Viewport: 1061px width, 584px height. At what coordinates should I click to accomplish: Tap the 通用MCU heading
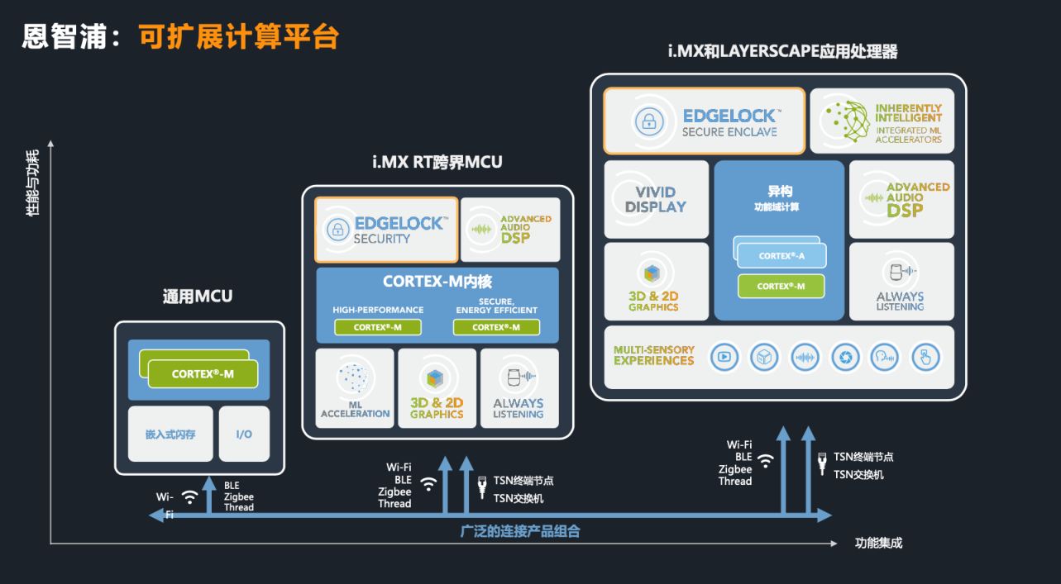pyautogui.click(x=198, y=297)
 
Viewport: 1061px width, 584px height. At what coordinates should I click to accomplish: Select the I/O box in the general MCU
pyautogui.click(x=244, y=434)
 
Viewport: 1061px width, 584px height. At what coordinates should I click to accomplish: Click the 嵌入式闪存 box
pyautogui.click(x=170, y=434)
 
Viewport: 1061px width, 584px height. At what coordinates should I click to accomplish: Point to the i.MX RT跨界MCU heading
pyautogui.click(x=437, y=162)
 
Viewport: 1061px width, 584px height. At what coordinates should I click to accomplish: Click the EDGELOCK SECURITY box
pyautogui.click(x=386, y=230)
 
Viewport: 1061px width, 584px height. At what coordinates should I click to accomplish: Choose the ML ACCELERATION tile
pyautogui.click(x=355, y=388)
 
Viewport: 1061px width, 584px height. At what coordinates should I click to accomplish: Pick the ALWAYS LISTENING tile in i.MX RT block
pyautogui.click(x=519, y=388)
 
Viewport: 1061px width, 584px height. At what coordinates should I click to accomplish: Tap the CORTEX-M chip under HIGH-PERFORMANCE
pyautogui.click(x=378, y=327)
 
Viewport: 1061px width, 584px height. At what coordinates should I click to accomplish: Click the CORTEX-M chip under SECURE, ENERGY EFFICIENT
pyautogui.click(x=496, y=327)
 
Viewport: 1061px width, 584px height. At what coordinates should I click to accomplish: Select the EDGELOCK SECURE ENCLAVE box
pyautogui.click(x=704, y=121)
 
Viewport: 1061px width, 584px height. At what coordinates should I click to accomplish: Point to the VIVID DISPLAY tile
pyautogui.click(x=656, y=199)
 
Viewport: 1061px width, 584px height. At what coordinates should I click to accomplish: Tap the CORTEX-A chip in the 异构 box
pyautogui.click(x=781, y=256)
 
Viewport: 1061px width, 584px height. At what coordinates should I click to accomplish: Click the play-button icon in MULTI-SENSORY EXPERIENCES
pyautogui.click(x=724, y=357)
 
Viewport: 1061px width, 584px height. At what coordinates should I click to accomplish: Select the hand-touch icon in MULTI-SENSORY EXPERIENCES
pyautogui.click(x=925, y=357)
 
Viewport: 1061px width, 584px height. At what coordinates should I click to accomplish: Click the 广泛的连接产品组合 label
pyautogui.click(x=520, y=531)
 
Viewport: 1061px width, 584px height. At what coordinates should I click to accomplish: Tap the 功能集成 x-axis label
pyautogui.click(x=878, y=543)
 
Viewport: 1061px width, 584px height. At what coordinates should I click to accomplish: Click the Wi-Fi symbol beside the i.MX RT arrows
pyautogui.click(x=428, y=483)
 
